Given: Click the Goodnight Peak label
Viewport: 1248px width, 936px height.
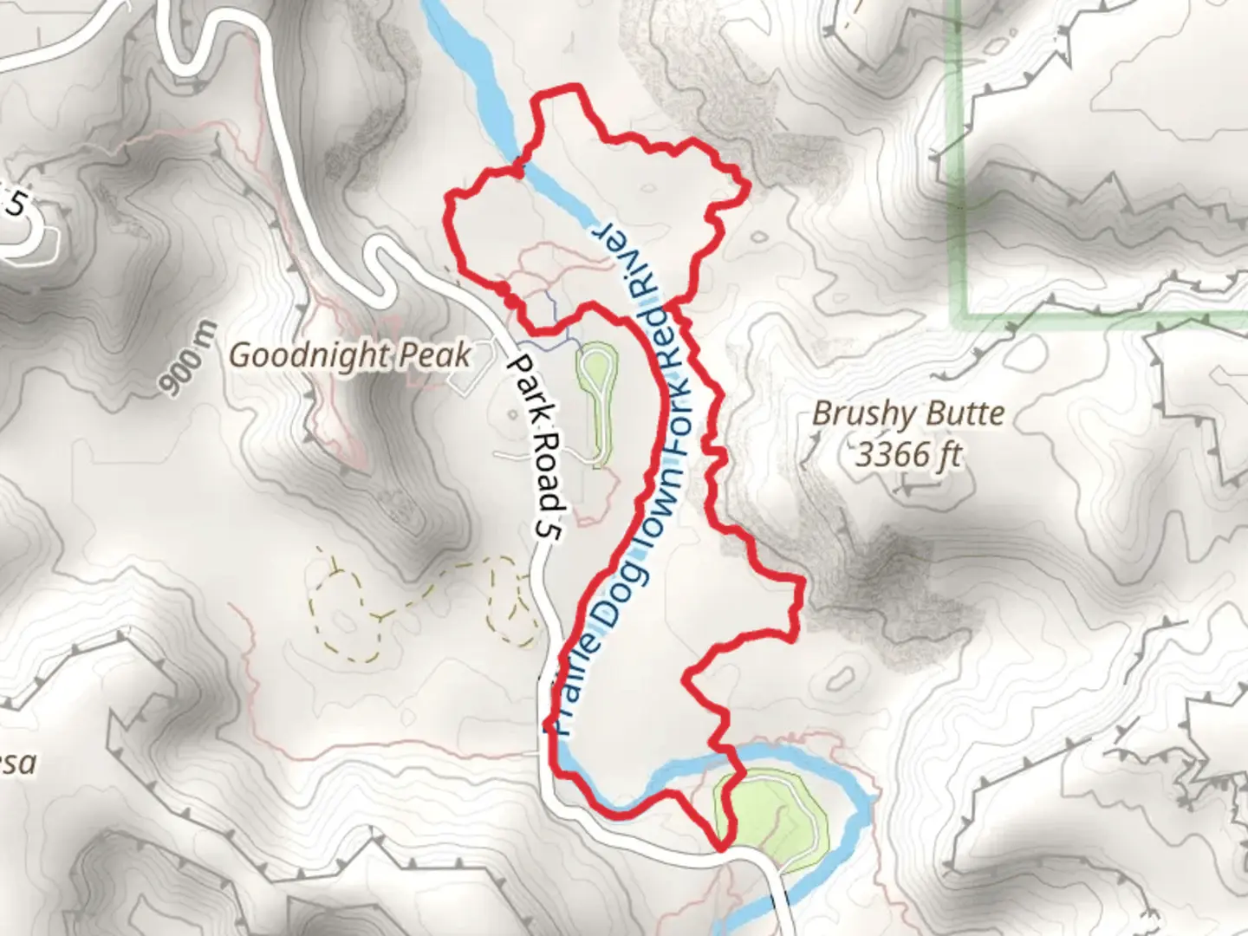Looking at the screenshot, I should point(350,355).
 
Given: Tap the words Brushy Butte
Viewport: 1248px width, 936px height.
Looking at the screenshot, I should point(907,414).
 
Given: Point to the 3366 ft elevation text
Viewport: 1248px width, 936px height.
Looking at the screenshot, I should point(907,454).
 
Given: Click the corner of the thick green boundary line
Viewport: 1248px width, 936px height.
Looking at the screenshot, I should point(960,314).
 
